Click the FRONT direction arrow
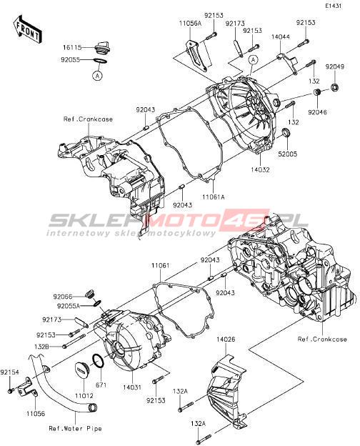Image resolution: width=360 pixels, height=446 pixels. (27, 29)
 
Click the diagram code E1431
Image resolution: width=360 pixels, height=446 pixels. (334, 6)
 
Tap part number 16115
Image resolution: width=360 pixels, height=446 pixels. (72, 47)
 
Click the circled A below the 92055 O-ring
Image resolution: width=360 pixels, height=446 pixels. (98, 76)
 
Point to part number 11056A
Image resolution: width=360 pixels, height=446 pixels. (190, 23)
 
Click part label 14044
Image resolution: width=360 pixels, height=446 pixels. (281, 36)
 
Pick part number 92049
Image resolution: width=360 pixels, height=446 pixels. (335, 67)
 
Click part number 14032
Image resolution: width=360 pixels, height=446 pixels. (260, 169)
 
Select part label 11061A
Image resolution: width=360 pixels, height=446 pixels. (214, 197)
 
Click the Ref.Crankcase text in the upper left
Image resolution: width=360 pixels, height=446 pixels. (88, 119)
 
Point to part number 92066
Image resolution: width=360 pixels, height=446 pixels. (63, 297)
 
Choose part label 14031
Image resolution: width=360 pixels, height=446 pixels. (133, 387)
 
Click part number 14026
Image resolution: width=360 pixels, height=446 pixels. (226, 340)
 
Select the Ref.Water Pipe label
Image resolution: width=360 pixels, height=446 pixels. (75, 428)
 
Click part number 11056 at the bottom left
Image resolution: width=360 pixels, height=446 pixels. (36, 413)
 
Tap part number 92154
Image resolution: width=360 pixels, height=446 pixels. (10, 372)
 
